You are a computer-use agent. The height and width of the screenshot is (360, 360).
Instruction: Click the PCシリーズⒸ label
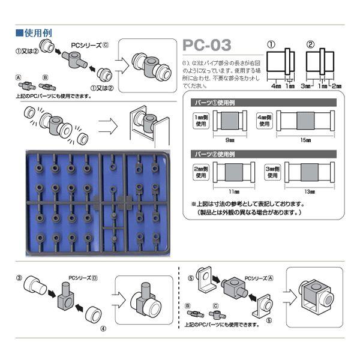(88, 45)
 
